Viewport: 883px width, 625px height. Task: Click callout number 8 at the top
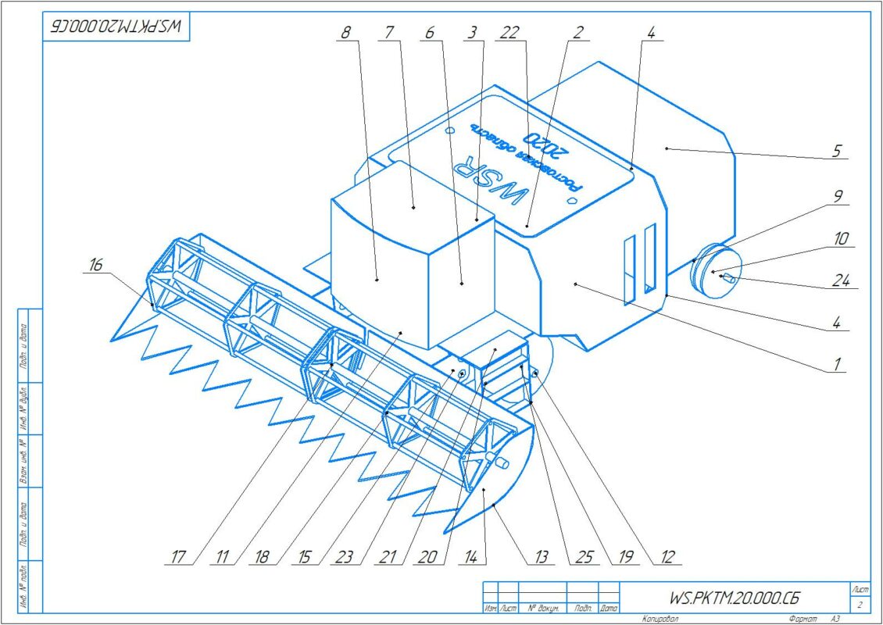[346, 33]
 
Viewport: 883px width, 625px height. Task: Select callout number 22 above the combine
[510, 33]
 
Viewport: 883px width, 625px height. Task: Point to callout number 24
[842, 281]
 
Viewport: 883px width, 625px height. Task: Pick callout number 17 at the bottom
[178, 557]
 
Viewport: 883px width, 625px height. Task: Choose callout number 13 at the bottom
[542, 557]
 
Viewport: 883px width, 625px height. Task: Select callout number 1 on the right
[836, 364]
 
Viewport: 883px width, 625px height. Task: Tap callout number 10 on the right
[840, 238]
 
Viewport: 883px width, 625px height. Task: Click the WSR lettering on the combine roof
[489, 181]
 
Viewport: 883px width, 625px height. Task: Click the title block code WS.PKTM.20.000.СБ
[735, 598]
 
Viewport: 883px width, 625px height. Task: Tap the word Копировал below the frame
[660, 619]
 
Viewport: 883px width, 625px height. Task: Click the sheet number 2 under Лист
[859, 605]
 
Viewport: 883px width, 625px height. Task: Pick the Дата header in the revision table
[609, 608]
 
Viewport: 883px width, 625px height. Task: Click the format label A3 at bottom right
[835, 619]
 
